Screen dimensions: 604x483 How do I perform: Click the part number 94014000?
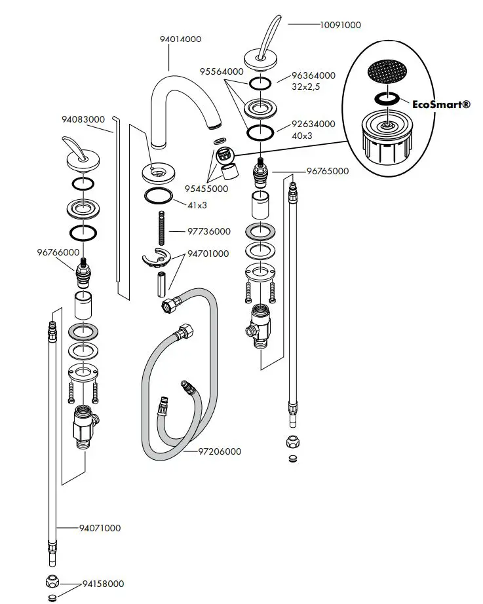pos(180,39)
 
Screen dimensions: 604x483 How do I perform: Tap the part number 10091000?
pos(339,25)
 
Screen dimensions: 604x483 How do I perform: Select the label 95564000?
pos(222,71)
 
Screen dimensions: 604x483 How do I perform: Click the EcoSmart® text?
pos(441,103)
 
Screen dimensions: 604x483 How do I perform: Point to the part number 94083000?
pos(83,120)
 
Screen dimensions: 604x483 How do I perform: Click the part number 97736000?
pos(209,231)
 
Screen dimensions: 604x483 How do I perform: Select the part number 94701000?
pos(208,254)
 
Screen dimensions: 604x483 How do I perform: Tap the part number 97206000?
pos(220,451)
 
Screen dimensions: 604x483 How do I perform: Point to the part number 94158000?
pos(103,584)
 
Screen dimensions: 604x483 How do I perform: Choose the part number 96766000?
pos(58,252)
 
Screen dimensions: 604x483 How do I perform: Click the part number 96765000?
pos(328,172)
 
